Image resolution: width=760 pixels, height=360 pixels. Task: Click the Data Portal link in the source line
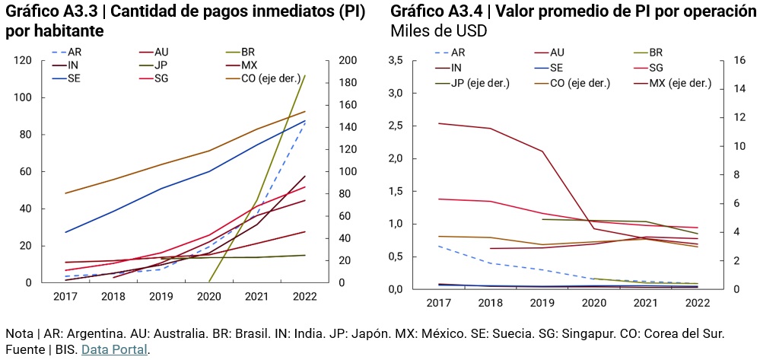[x=114, y=350]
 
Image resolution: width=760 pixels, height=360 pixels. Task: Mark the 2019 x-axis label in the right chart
[x=542, y=303]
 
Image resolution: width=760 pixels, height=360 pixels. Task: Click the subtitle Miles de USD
[x=438, y=32]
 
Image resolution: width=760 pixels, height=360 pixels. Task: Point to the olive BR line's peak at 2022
[x=305, y=75]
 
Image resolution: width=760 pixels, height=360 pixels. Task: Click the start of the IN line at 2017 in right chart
[x=438, y=123]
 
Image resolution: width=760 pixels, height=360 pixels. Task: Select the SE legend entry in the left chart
[x=75, y=78]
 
